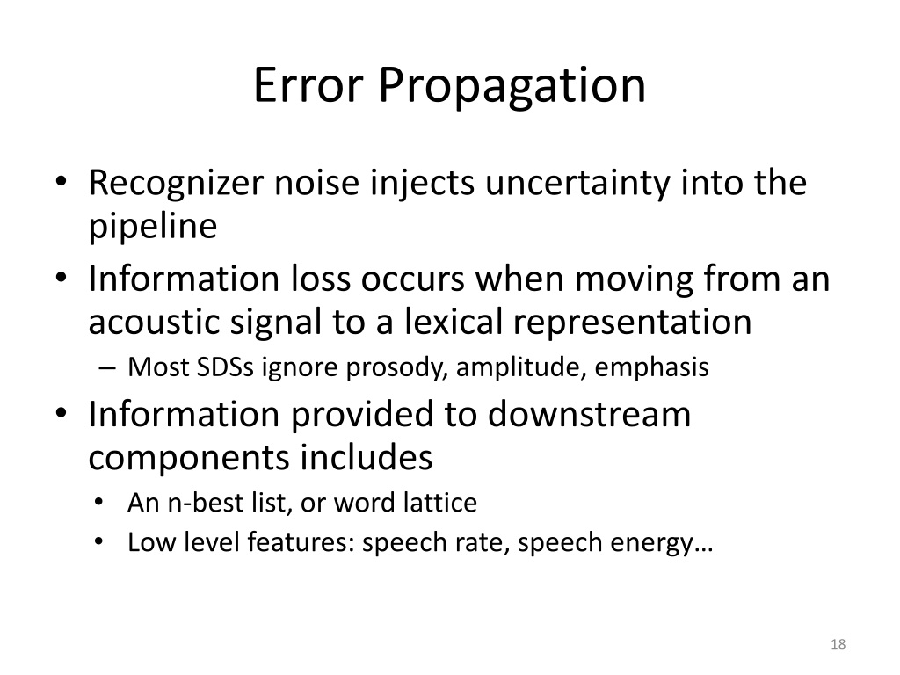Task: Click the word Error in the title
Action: coord(308,86)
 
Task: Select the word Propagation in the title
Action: coord(513,88)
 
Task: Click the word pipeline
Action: coord(152,227)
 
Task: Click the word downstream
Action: coord(589,416)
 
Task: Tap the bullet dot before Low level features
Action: coord(100,543)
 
